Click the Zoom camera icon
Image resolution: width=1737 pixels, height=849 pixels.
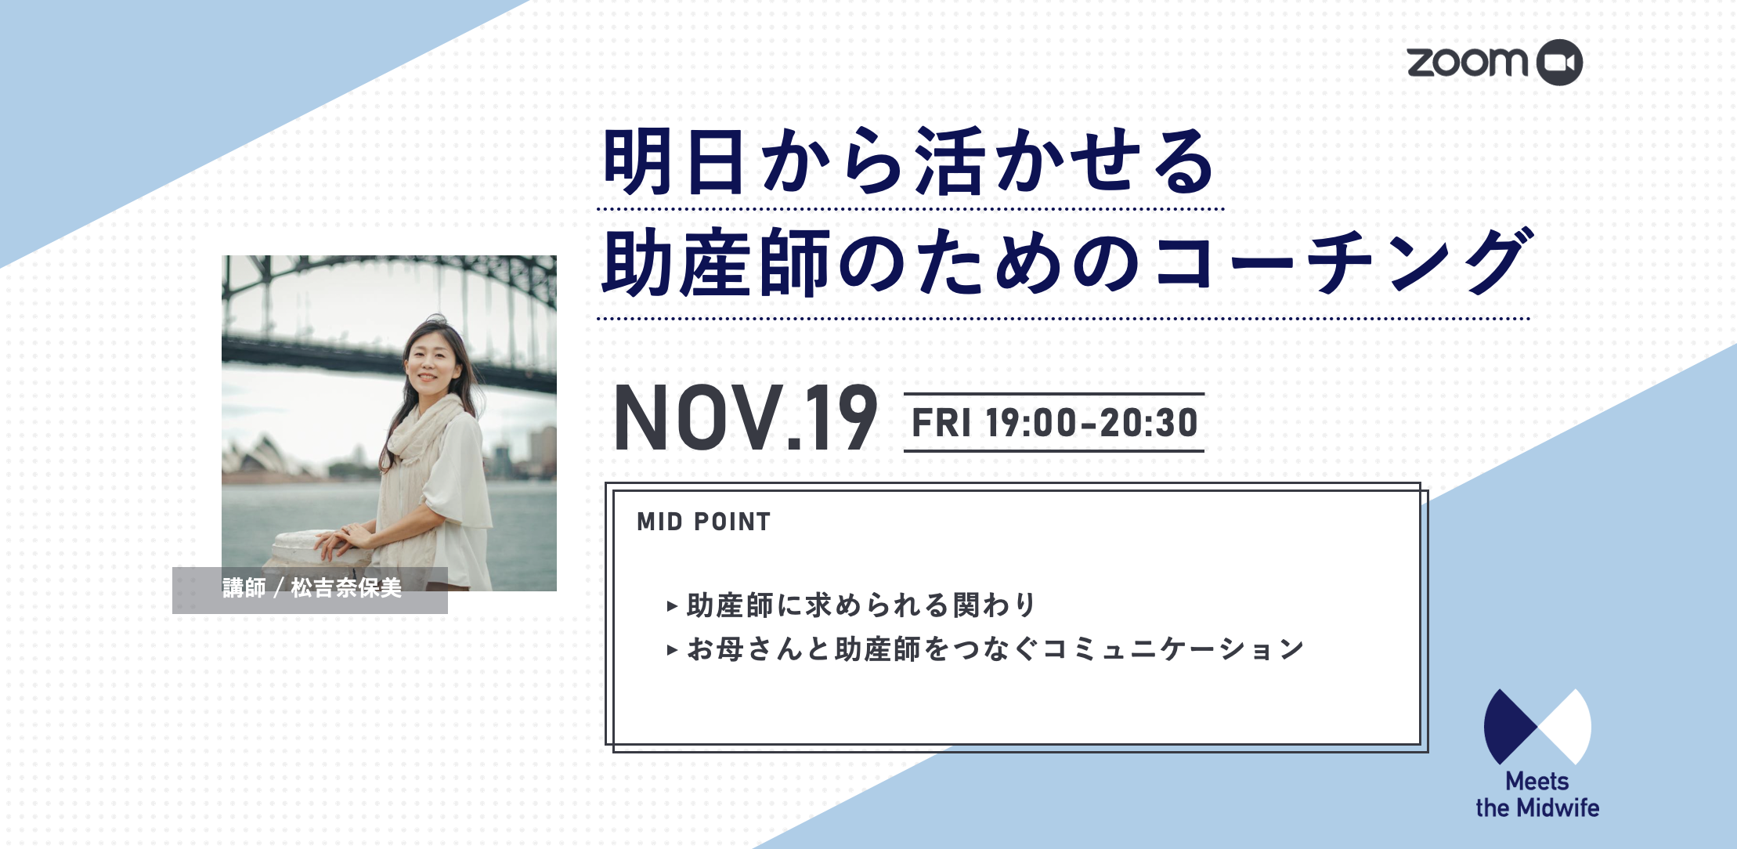[1559, 63]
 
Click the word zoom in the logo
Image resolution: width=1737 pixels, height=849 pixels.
[1468, 63]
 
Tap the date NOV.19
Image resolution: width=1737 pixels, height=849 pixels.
[746, 417]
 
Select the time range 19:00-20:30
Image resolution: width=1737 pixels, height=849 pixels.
[1092, 423]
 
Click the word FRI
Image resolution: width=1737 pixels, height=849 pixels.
[941, 423]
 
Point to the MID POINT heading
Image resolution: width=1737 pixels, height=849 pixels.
[704, 522]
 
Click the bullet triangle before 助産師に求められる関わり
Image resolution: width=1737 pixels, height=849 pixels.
[672, 605]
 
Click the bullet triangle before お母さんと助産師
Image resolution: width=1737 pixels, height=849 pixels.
[672, 649]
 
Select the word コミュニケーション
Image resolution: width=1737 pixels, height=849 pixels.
[1173, 649]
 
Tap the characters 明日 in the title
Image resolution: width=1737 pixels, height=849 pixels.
[673, 162]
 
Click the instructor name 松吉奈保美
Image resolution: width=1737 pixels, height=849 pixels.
[346, 587]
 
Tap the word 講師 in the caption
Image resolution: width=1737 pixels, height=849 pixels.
[244, 587]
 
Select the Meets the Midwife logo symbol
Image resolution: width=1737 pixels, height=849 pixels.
[1537, 727]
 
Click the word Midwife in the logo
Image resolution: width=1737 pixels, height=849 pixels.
[1557, 807]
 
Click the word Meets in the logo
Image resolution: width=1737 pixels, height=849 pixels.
[1537, 781]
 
